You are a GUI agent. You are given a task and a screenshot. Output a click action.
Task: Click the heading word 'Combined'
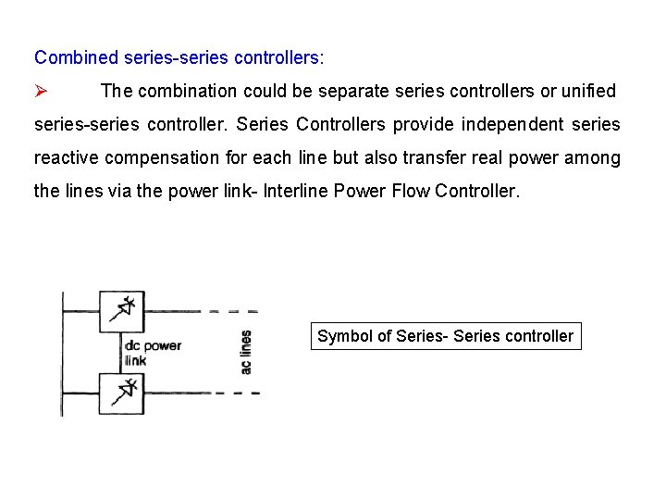(75, 57)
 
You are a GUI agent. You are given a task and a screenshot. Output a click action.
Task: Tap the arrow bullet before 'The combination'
(41, 91)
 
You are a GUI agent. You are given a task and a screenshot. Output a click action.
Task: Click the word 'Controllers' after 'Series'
(339, 124)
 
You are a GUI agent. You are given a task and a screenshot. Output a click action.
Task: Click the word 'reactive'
(66, 157)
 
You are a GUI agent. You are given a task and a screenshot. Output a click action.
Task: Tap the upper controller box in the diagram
(121, 311)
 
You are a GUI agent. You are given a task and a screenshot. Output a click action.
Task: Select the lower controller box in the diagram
(121, 393)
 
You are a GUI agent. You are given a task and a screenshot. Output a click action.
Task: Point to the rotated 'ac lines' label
(246, 353)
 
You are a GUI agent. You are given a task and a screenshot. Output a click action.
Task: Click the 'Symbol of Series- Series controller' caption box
(446, 336)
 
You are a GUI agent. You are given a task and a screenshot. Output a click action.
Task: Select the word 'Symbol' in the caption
(344, 336)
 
